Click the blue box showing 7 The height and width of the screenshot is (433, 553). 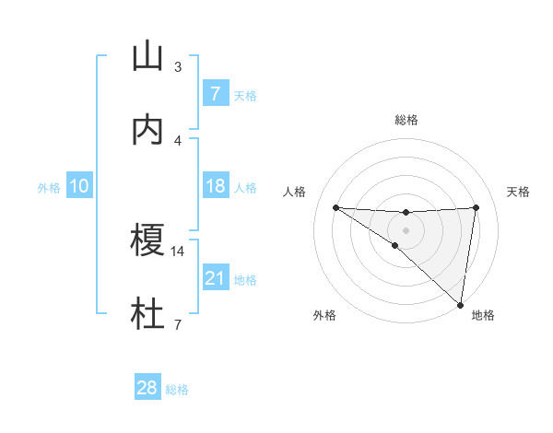215,93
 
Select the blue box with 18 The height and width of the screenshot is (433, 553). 215,186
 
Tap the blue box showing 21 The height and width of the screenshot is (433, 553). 215,277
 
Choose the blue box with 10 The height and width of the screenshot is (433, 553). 79,186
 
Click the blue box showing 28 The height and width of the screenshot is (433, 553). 147,388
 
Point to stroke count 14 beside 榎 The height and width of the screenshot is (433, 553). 178,251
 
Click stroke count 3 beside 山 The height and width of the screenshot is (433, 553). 178,66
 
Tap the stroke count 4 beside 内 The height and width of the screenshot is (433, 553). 178,140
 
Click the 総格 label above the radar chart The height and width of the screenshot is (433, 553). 406,120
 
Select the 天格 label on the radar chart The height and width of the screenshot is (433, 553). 519,192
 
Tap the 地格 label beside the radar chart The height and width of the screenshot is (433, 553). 483,315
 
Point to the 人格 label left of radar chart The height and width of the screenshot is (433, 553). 295,192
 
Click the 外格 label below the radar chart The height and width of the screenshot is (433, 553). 324,315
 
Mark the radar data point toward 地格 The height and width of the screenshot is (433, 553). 460,304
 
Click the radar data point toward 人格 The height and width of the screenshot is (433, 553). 335,207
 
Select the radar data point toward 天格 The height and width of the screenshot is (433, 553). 476,207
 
